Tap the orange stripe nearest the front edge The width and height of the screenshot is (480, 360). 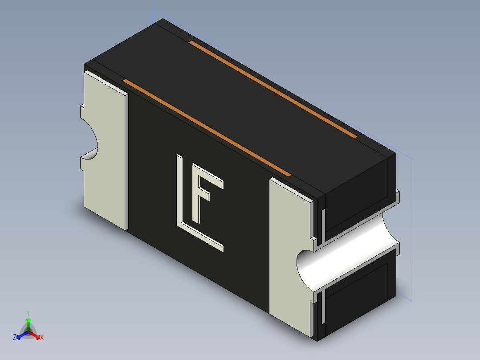[207, 127]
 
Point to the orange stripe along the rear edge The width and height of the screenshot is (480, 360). [273, 90]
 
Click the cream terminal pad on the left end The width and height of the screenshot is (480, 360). [104, 150]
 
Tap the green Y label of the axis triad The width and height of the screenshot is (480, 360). [28, 313]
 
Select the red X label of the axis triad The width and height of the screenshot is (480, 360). [42, 337]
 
